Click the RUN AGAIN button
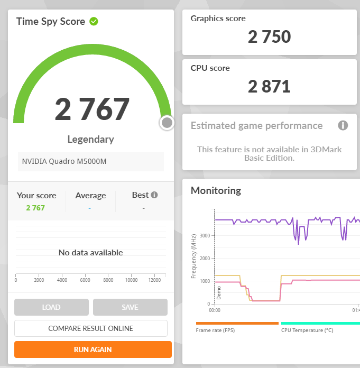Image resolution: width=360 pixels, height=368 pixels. pos(93,349)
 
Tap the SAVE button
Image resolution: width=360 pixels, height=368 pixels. pos(130,307)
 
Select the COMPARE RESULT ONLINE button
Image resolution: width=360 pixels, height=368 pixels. pos(91,328)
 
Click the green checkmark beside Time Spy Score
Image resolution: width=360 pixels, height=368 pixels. pos(94,22)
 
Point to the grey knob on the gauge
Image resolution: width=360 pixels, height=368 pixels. pos(167,123)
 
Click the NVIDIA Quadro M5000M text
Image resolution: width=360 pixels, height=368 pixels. pos(64,161)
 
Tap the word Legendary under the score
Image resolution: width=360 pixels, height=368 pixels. pos(90,140)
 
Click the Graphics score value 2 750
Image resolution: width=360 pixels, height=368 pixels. pos(269,36)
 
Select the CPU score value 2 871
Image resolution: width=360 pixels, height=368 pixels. pos(269,86)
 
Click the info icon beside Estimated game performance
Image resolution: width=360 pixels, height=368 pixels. pos(343,125)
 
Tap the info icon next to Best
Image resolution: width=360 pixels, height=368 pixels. pos(154,195)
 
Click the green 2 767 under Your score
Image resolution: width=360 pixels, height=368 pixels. pos(35,208)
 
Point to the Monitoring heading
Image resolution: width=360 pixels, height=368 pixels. pos(216,190)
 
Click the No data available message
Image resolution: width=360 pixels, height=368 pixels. pos(90,253)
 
